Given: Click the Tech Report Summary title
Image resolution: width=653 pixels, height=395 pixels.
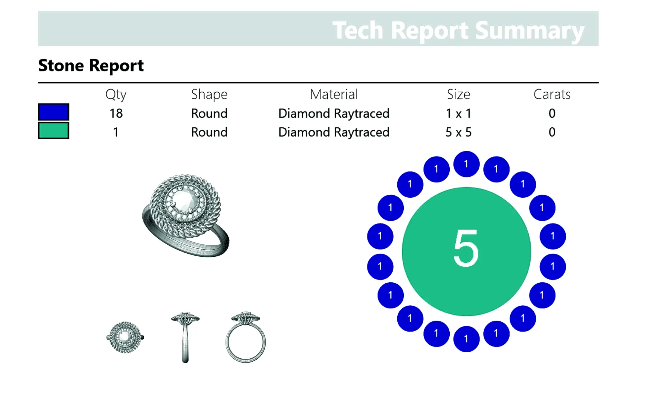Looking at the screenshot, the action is pyautogui.click(x=458, y=31).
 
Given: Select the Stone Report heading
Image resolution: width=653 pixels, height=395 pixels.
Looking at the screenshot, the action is pyautogui.click(x=91, y=66).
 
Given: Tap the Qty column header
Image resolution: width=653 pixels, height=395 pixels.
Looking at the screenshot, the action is pyautogui.click(x=116, y=95).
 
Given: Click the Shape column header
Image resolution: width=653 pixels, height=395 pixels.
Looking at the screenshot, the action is pyautogui.click(x=209, y=95).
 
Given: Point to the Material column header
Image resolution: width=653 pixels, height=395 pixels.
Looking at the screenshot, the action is pyautogui.click(x=334, y=94).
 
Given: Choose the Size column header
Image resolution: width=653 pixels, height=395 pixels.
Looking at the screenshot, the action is pyautogui.click(x=459, y=94).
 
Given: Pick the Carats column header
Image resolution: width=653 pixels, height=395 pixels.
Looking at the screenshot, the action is pyautogui.click(x=552, y=94).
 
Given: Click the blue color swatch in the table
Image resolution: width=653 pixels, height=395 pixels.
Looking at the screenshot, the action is pyautogui.click(x=54, y=112).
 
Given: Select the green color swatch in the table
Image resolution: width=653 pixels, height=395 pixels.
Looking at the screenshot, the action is pyautogui.click(x=54, y=130).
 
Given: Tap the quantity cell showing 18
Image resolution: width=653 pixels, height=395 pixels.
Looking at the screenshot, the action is pyautogui.click(x=116, y=113).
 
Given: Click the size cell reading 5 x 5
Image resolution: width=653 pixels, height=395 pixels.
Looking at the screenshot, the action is pyautogui.click(x=459, y=132).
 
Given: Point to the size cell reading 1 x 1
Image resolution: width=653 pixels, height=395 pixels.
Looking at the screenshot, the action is pyautogui.click(x=459, y=113).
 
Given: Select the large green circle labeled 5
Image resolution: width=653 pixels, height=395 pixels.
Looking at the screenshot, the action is pyautogui.click(x=466, y=251).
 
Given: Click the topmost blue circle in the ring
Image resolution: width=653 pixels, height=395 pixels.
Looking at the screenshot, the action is pyautogui.click(x=466, y=164).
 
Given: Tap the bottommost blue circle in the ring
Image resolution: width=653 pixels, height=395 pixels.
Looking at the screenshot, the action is pyautogui.click(x=466, y=339).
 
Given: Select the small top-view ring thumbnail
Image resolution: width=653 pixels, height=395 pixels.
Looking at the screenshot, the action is pyautogui.click(x=125, y=337).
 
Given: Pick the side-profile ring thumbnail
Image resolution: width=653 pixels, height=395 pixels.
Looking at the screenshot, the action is pyautogui.click(x=185, y=337).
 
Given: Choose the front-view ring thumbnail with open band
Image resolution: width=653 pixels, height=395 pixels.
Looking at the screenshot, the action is pyautogui.click(x=245, y=337).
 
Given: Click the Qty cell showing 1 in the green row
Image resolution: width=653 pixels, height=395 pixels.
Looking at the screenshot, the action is pyautogui.click(x=116, y=132).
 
